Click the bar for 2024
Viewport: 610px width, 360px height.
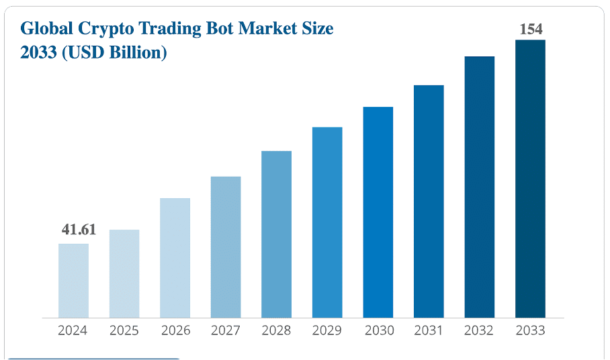click(x=73, y=280)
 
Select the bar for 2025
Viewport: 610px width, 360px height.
click(x=124, y=273)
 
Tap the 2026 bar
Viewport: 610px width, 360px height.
click(x=175, y=258)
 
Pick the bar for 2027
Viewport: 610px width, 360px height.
click(x=226, y=246)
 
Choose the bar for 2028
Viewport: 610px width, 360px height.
click(x=276, y=234)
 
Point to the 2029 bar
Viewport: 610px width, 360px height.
click(x=327, y=222)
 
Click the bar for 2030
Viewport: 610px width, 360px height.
click(x=378, y=212)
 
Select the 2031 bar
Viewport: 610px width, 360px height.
click(x=429, y=201)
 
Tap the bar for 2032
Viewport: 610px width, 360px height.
click(x=480, y=187)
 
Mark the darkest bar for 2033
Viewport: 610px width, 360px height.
click(x=530, y=179)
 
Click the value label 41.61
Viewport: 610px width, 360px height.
click(x=79, y=230)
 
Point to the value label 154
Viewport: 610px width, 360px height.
click(x=531, y=29)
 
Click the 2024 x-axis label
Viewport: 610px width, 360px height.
click(x=73, y=330)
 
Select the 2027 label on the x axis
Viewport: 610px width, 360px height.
click(x=225, y=330)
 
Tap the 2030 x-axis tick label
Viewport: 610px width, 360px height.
click(x=378, y=330)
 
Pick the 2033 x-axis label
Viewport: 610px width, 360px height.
click(x=530, y=330)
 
